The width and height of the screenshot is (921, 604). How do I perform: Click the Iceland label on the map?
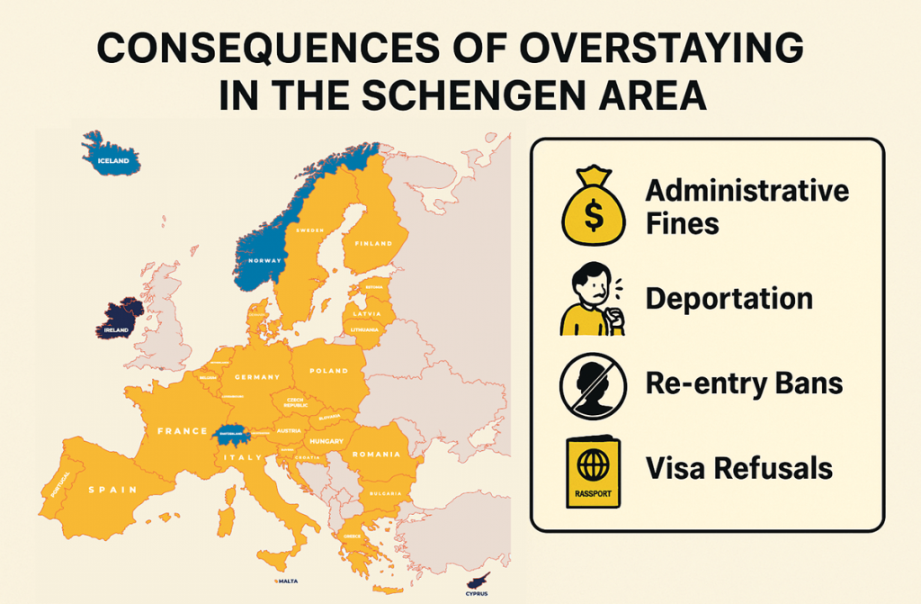[x=113, y=162]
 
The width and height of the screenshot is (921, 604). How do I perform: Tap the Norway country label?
[x=264, y=261]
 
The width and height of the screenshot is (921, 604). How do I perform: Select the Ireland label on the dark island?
[x=117, y=330]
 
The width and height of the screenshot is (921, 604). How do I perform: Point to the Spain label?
[x=112, y=490]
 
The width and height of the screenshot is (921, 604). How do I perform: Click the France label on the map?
[x=183, y=431]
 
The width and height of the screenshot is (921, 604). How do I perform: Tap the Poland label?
[x=327, y=371]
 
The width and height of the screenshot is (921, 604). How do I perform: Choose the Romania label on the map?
[x=376, y=455]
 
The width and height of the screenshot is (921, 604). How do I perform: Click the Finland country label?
[x=373, y=244]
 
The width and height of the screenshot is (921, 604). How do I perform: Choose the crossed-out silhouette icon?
[x=593, y=385]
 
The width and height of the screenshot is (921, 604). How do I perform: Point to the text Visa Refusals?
[x=738, y=469]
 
